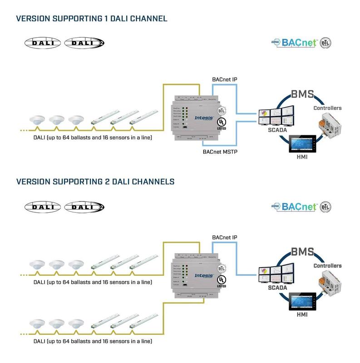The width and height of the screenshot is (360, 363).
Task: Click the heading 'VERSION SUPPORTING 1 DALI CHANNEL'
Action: tap(92, 19)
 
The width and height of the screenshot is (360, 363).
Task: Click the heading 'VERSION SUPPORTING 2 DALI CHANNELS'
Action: tap(95, 181)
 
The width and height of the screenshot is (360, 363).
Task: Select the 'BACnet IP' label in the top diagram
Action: tap(225, 80)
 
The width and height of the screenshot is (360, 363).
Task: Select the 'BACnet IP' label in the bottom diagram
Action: tap(225, 238)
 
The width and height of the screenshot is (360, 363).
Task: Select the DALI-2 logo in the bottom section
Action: tap(84, 207)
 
